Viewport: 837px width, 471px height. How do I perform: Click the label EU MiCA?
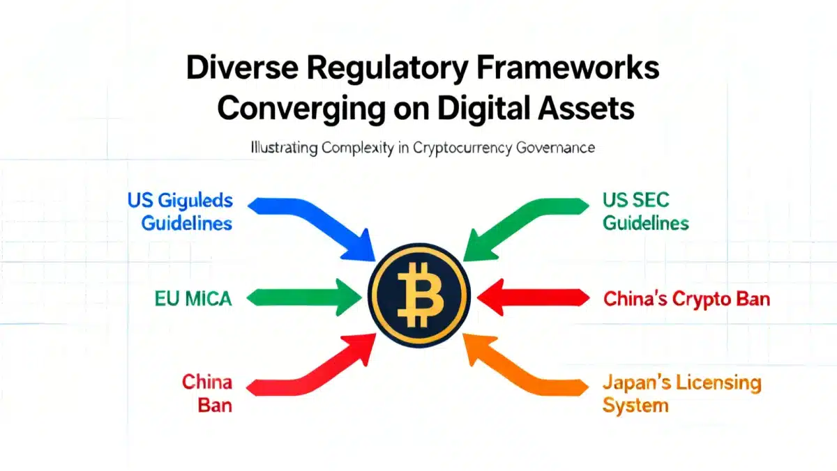(193, 299)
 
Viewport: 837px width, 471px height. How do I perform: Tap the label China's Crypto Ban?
(686, 299)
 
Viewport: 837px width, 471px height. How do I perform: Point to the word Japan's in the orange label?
(635, 383)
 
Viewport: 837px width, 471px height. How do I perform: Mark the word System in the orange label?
(637, 405)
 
